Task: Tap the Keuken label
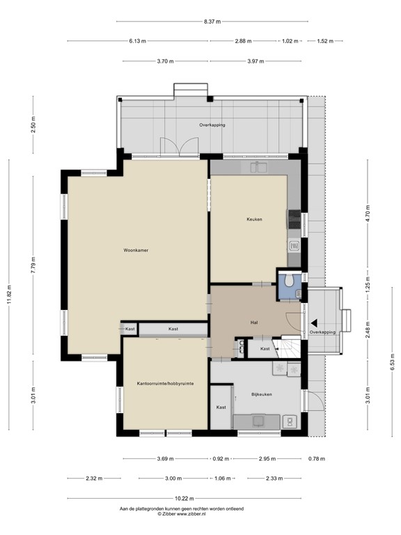[x=254, y=219]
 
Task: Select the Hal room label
[x=255, y=322]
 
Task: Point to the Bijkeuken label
[x=262, y=394]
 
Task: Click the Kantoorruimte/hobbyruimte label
[x=165, y=384]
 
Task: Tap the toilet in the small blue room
[x=287, y=281]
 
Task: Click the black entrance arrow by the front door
[x=315, y=323]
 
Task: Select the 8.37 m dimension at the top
[x=212, y=22]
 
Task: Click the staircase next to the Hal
[x=288, y=346]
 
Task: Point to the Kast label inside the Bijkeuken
[x=221, y=407]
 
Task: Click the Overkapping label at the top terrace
[x=212, y=125]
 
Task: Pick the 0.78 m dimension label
[x=316, y=459]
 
